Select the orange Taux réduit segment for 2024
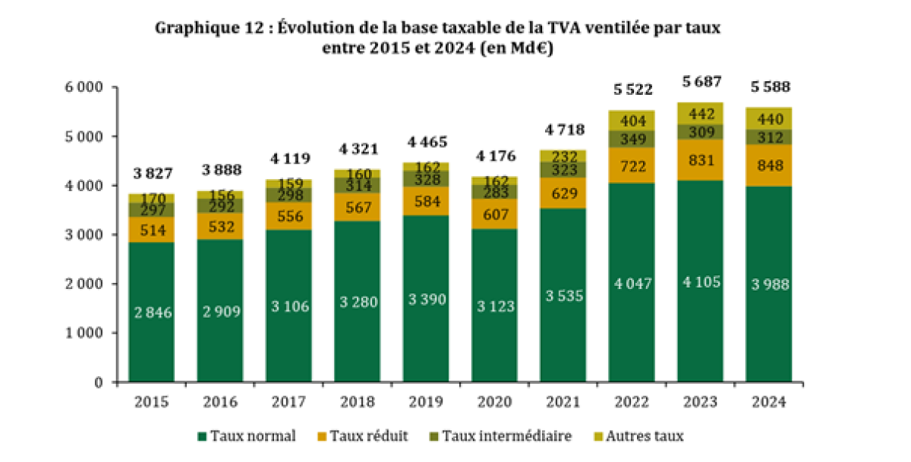(768, 165)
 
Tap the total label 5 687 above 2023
(701, 82)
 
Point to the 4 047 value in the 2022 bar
(632, 283)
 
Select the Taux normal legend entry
(247, 436)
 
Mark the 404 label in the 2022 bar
(632, 120)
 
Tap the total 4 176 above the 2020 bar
(495, 157)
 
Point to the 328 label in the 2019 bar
(426, 179)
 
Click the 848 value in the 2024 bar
(768, 165)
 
